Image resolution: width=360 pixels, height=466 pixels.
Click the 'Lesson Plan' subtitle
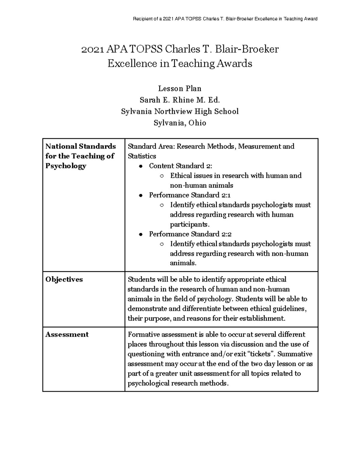click(x=180, y=89)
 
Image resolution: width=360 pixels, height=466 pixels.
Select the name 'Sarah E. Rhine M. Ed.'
click(x=180, y=100)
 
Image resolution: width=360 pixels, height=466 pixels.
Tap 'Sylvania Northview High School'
click(x=180, y=111)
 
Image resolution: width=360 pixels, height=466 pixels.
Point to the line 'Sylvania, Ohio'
click(x=180, y=123)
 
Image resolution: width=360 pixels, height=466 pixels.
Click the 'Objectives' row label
click(x=64, y=279)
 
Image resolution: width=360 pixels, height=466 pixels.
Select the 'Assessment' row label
click(x=67, y=335)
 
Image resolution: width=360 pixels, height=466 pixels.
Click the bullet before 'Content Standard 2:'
click(x=140, y=166)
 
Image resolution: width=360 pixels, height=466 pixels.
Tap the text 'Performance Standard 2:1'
click(x=190, y=195)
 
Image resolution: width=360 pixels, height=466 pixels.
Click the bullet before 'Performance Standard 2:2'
click(x=140, y=235)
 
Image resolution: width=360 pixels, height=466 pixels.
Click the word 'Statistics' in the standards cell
click(x=142, y=156)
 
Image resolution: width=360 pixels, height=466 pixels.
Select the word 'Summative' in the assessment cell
click(x=295, y=354)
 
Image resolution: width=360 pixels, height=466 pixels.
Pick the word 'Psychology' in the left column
click(x=66, y=166)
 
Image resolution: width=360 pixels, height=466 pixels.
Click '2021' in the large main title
click(x=91, y=49)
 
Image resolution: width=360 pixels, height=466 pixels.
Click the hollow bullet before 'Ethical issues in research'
click(x=162, y=176)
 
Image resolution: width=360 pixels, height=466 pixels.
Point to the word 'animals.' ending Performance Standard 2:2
click(x=183, y=263)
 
